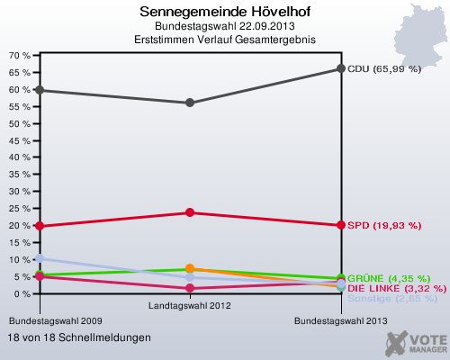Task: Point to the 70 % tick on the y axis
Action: pos(20,56)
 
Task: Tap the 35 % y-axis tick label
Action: pos(20,175)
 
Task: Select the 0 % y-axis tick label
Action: pos(22,294)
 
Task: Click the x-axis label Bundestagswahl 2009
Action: pos(50,320)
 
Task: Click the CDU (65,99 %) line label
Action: pos(384,68)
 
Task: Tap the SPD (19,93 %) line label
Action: pos(384,225)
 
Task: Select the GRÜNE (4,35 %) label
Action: pos(389,278)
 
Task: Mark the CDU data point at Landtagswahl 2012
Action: pos(190,103)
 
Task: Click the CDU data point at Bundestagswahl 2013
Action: pos(340,68)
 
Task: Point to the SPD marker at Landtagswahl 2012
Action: pos(190,212)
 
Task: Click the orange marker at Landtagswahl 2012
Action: pos(190,269)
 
